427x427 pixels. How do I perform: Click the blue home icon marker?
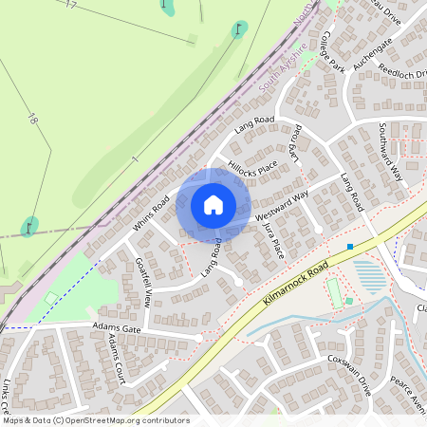coord(213,204)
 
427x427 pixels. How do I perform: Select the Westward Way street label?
coord(283,208)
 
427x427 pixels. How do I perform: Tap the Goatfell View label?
coord(143,282)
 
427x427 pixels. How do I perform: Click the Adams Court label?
coord(117,357)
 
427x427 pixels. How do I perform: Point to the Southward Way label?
coord(391,152)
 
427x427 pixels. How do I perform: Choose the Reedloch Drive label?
coord(403,76)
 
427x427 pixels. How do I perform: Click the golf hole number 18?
coord(32,121)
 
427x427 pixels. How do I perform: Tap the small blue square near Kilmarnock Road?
coord(350,247)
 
